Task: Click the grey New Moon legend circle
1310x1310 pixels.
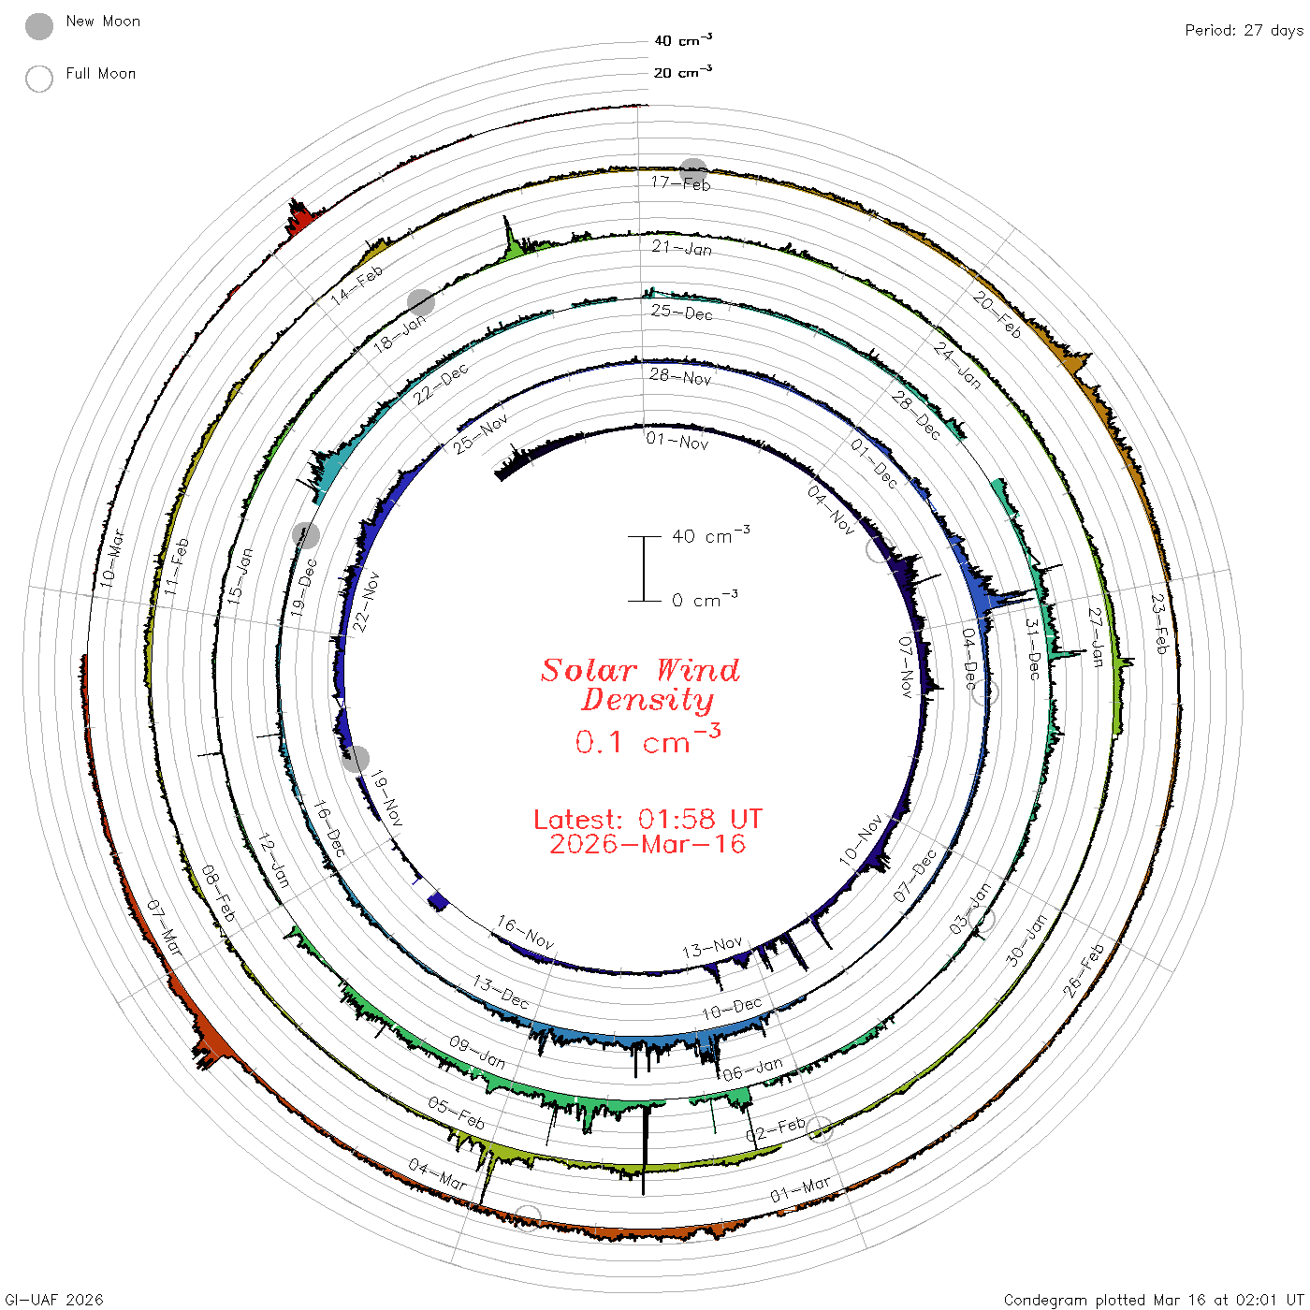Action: click(38, 26)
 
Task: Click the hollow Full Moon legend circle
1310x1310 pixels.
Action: click(38, 79)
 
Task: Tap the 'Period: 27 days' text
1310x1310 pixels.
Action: click(1244, 31)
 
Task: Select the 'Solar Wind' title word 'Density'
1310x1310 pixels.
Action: click(647, 700)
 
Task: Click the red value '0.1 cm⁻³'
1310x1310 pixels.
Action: click(648, 740)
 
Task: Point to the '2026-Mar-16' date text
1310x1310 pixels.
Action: click(648, 844)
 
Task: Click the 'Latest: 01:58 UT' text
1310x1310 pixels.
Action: click(648, 819)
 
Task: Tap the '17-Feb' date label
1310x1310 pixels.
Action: click(680, 183)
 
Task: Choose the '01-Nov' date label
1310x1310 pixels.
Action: click(677, 442)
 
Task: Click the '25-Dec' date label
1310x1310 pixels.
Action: click(681, 313)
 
